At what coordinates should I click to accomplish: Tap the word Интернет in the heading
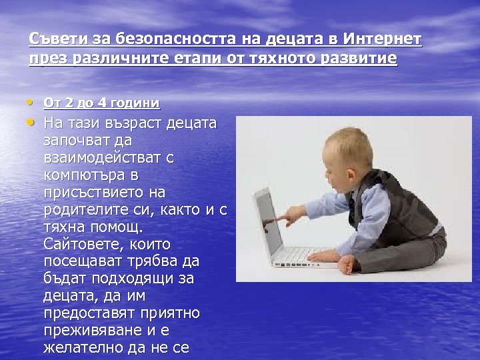pyautogui.click(x=385, y=39)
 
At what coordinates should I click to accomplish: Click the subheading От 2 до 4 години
pyautogui.click(x=101, y=103)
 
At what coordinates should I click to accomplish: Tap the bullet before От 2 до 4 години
pyautogui.click(x=33, y=103)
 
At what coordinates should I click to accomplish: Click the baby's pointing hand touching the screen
pyautogui.click(x=283, y=217)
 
